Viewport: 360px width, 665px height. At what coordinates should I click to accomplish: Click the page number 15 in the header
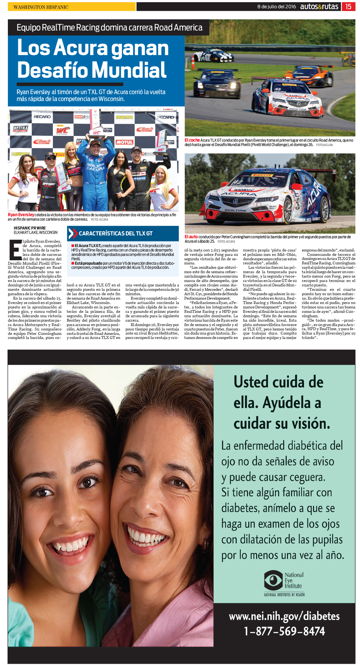click(348, 7)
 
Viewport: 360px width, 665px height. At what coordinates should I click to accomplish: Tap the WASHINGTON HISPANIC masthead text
click(41, 7)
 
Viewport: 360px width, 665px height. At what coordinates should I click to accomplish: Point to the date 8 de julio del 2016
click(276, 7)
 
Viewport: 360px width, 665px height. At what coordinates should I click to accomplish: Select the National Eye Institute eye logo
click(273, 580)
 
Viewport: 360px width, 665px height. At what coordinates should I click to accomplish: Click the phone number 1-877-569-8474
click(284, 631)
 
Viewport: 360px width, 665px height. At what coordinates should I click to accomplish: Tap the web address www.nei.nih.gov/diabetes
click(284, 616)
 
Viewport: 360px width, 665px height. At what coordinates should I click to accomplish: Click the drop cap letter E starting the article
click(15, 250)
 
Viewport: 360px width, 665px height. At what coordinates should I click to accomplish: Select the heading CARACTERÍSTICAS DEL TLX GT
click(115, 234)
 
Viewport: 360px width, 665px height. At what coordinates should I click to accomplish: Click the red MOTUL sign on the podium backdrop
click(124, 142)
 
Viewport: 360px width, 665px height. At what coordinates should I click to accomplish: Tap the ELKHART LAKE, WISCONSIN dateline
click(36, 233)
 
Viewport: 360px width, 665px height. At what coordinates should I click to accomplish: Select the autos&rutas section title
click(319, 7)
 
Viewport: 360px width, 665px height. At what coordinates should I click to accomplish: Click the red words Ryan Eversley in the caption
click(21, 215)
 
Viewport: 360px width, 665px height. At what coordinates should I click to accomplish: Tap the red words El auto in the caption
click(191, 237)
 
